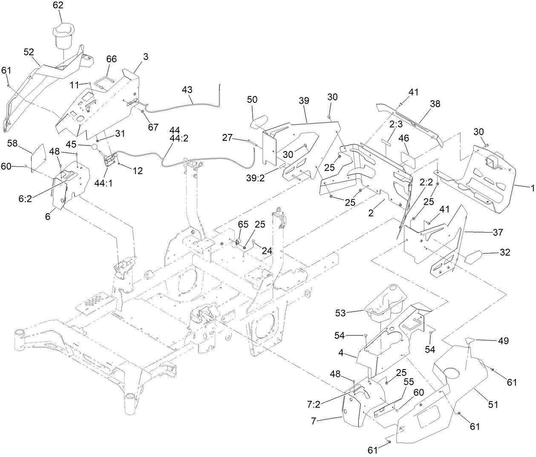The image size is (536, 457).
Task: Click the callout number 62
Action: point(58,6)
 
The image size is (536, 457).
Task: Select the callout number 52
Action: point(29,52)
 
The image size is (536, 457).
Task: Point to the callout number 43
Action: point(187,90)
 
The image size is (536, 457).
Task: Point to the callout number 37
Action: point(497,233)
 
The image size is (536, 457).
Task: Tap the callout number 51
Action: point(493,405)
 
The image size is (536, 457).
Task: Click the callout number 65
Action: point(243,224)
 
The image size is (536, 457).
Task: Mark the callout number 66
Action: point(111,59)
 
